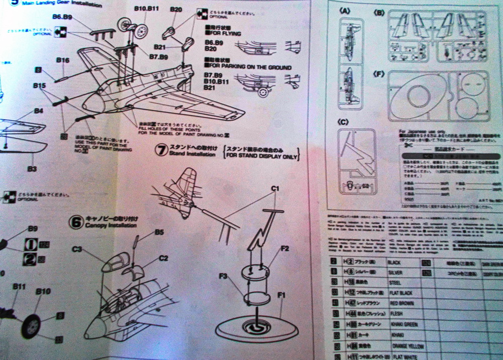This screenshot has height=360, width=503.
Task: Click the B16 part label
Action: coord(62,60)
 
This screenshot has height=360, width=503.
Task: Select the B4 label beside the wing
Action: coord(39,111)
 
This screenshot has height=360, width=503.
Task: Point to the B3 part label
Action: coord(32,169)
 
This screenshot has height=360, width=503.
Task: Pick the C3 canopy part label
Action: coord(77,249)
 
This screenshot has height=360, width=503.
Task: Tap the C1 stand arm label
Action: coord(275,189)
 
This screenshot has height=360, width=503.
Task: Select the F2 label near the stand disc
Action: coord(285,249)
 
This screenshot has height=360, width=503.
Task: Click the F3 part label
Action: coord(224,276)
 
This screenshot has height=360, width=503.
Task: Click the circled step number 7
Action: coord(161,150)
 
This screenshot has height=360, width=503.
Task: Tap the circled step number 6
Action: coord(76,222)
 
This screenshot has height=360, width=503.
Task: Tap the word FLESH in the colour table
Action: coord(397,314)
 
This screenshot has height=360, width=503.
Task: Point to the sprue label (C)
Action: coord(344,121)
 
